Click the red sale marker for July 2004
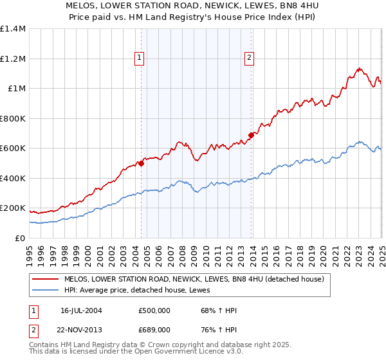point(141,163)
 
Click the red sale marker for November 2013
point(251,135)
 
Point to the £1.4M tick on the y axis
point(13,29)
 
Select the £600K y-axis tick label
point(13,148)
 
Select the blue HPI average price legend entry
point(142,290)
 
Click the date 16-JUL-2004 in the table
point(81,310)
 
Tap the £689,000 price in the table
point(154,329)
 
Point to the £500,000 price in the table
point(154,310)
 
